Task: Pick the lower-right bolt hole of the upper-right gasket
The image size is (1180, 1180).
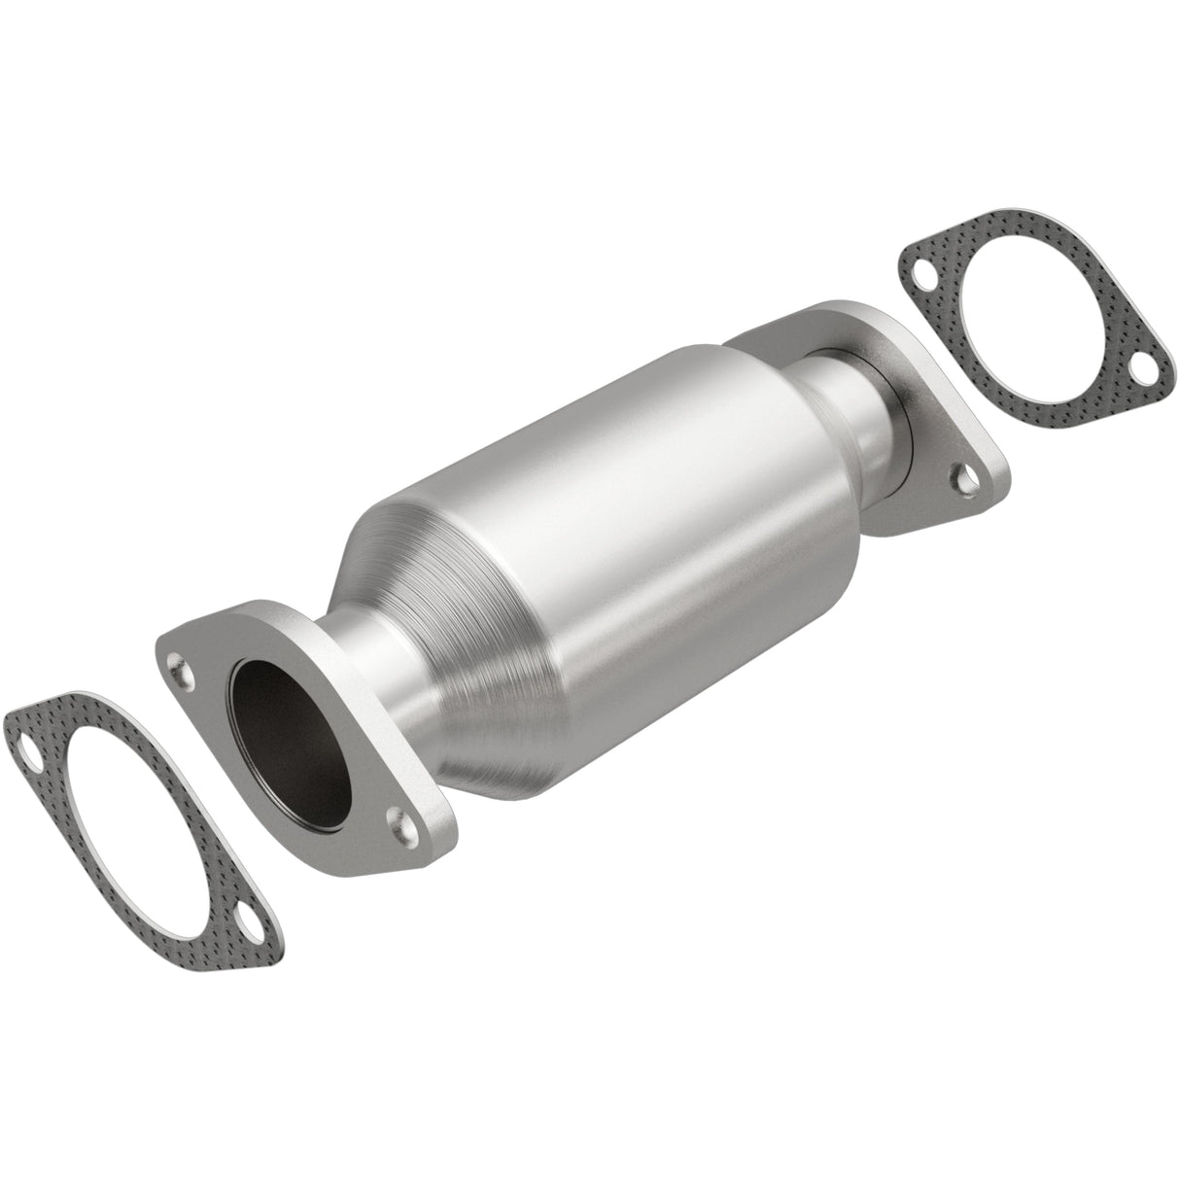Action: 1140,372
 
